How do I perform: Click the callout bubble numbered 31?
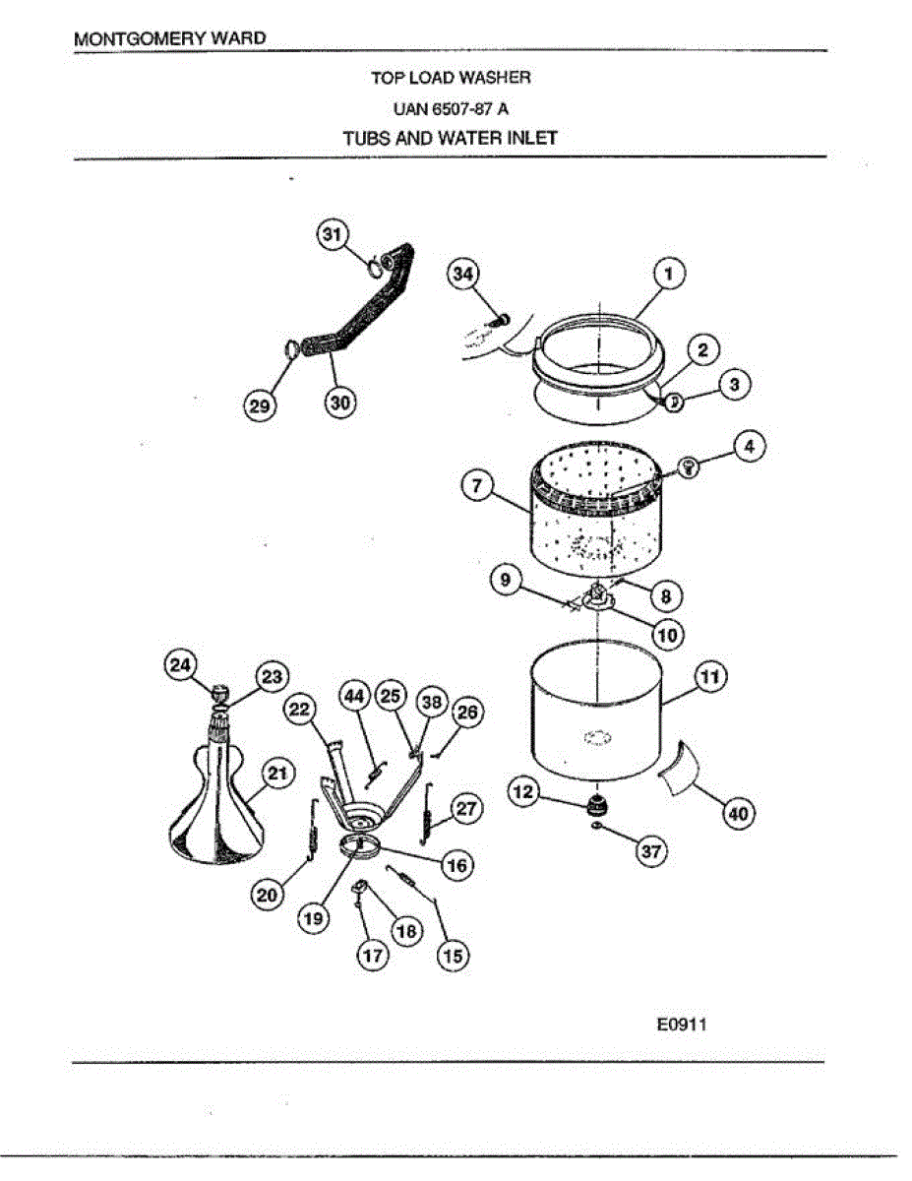332,234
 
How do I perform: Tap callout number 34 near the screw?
462,274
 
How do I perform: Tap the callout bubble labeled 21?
279,776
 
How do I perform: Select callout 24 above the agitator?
180,665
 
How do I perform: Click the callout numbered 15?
454,956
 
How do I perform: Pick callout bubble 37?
649,852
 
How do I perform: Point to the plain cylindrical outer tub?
596,714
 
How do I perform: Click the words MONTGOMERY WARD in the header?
170,38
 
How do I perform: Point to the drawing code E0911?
682,1025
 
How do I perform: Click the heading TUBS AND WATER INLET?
451,138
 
